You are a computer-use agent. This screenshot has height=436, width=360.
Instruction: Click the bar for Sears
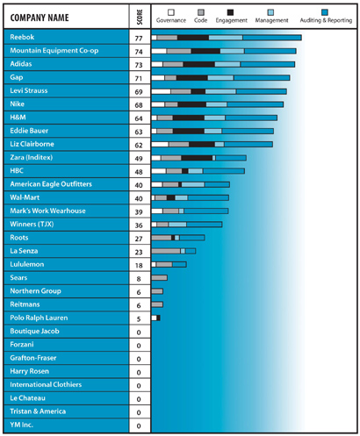click(159, 277)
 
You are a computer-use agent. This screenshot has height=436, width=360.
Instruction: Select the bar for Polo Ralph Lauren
click(155, 318)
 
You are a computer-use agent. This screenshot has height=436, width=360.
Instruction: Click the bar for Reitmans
click(157, 304)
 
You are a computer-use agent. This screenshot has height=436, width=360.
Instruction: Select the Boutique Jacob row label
click(34, 331)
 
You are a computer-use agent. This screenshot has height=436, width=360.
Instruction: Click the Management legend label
click(273, 18)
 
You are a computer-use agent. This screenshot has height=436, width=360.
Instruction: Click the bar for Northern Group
click(157, 291)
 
